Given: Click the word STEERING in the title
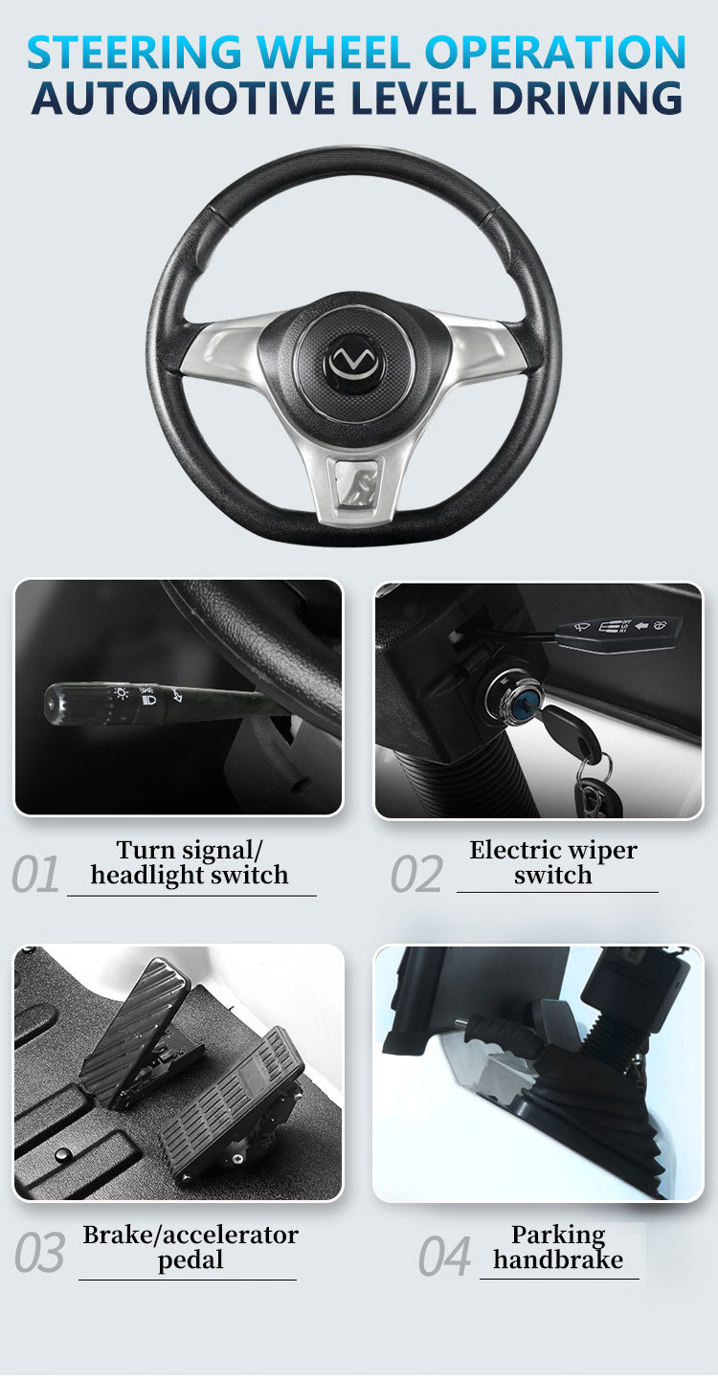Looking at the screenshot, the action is pos(134,52).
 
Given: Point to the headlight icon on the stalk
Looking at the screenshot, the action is pos(148,700).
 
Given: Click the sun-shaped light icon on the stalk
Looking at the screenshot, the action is pos(121,694).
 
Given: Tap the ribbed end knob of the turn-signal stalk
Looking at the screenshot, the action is pos(56,704).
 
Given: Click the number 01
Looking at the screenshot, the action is pos(35,874).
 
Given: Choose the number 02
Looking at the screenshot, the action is pos(416,874).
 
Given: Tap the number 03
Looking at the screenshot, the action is pos(39,1254).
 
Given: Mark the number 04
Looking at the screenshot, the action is pos(444,1256).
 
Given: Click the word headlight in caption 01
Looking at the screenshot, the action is pos(146,876).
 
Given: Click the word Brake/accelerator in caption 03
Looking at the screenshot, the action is pos(191,1235).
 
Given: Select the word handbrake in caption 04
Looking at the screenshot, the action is pos(558,1259).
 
